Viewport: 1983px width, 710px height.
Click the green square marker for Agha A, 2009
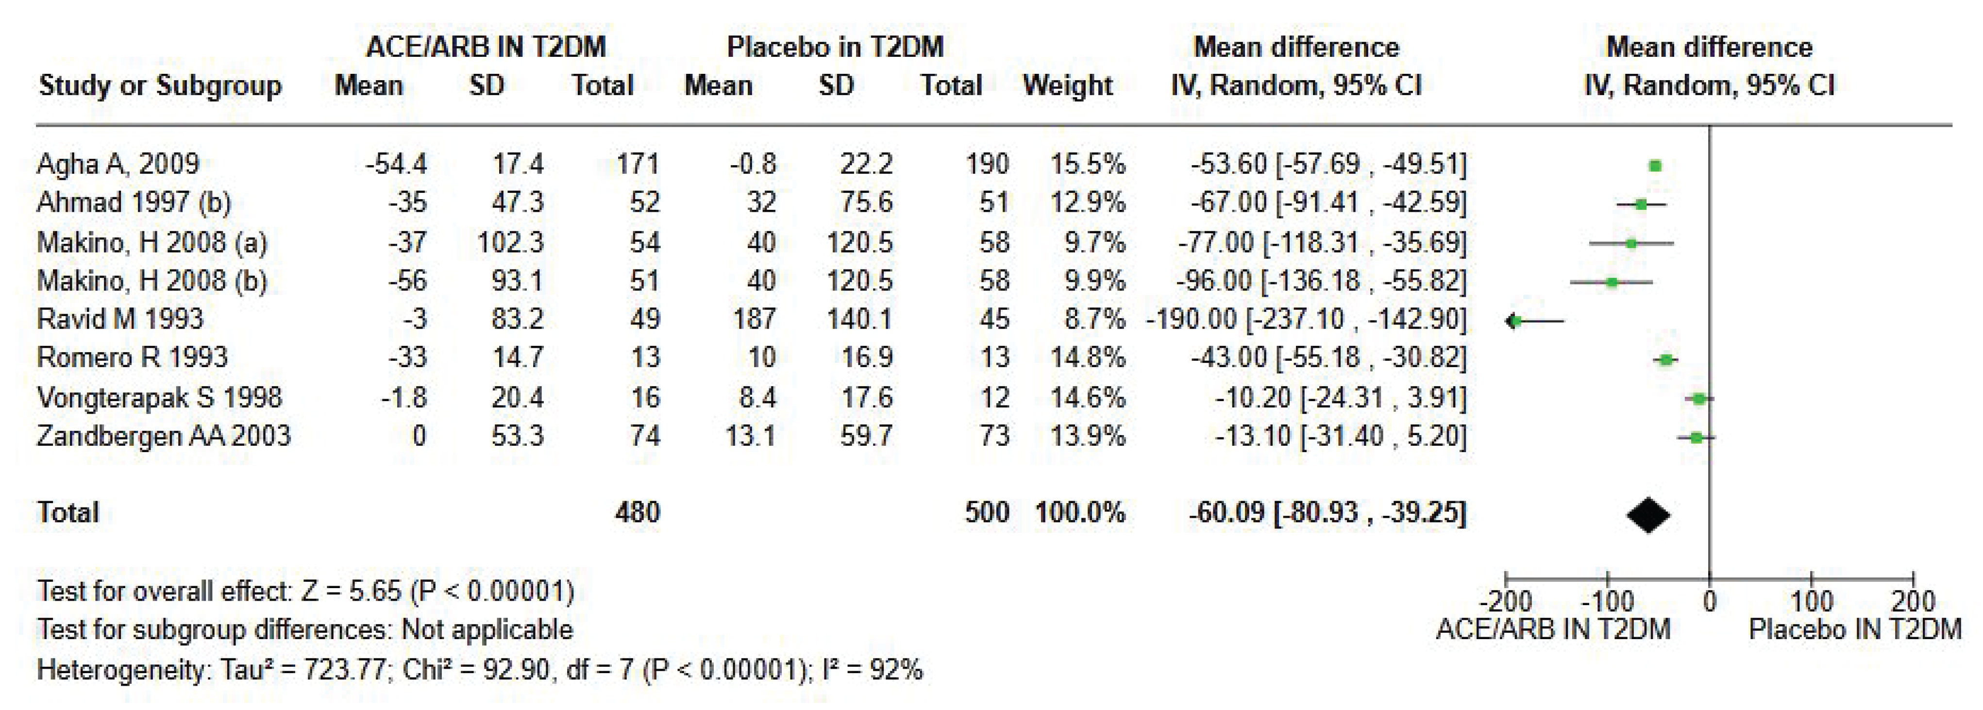(x=1655, y=166)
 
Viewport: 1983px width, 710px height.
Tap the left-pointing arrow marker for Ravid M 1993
(x=1512, y=321)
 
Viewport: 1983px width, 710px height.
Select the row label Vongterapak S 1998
(x=159, y=397)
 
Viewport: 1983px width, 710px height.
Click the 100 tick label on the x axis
(x=1811, y=601)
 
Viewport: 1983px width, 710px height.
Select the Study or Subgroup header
(x=160, y=85)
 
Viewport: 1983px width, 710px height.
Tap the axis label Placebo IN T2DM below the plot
(x=1854, y=630)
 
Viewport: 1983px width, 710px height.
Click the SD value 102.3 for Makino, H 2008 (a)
(x=510, y=242)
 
